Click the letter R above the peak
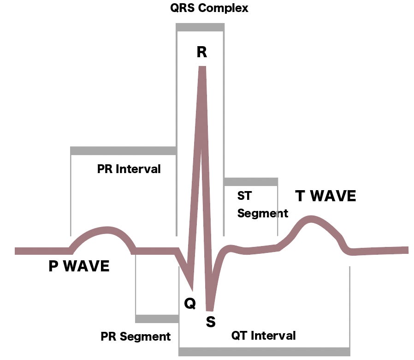coord(201,52)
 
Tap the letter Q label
coord(190,303)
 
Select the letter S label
coord(210,322)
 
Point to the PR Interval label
coord(129,169)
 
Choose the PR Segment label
coord(136,336)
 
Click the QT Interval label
coord(263,336)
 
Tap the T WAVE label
coord(325,196)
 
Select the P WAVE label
coord(79,266)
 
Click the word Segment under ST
coord(263,213)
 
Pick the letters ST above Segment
coord(244,196)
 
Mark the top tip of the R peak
coord(201,67)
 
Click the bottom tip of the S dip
coord(210,309)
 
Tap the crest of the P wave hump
coord(107,230)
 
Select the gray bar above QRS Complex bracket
coord(200,27)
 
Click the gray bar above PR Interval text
coord(123,150)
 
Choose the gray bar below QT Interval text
coord(264,352)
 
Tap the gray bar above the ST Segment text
coord(251,181)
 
